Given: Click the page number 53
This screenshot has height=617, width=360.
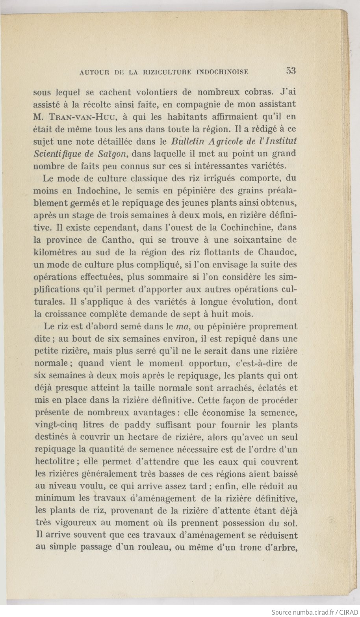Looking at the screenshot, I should (x=291, y=71).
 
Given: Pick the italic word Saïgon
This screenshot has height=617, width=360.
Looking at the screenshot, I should (x=110, y=154).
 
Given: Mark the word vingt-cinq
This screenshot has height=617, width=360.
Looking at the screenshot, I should (x=58, y=425).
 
